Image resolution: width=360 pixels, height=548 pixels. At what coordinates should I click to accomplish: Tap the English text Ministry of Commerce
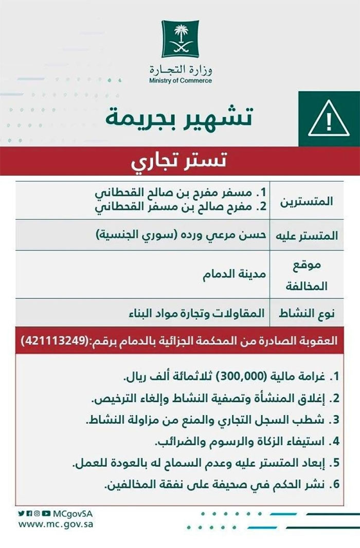pyautogui.click(x=180, y=81)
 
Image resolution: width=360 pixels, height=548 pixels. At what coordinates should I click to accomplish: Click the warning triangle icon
pyautogui.click(x=329, y=120)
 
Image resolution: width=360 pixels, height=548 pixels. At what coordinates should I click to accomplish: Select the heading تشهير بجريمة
pyautogui.click(x=179, y=118)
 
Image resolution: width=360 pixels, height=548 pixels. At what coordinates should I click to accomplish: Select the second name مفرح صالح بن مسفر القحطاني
pyautogui.click(x=180, y=207)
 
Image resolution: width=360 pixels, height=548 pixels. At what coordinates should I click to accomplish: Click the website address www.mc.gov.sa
pyautogui.click(x=57, y=525)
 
